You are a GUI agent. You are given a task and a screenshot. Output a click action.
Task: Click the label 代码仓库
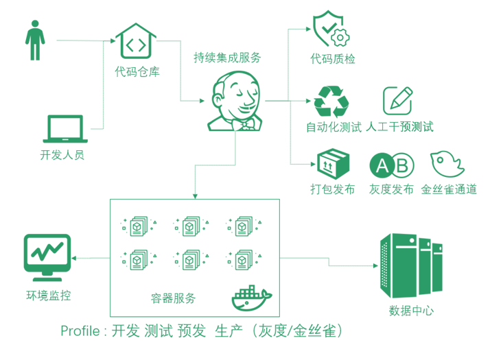click(137, 71)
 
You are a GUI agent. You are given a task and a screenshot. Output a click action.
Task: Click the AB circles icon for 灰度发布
click(391, 165)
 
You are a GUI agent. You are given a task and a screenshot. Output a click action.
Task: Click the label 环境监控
click(48, 296)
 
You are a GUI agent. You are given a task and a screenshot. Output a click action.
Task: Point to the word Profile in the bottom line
click(80, 331)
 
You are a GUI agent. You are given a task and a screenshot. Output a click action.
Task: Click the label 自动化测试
click(333, 127)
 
